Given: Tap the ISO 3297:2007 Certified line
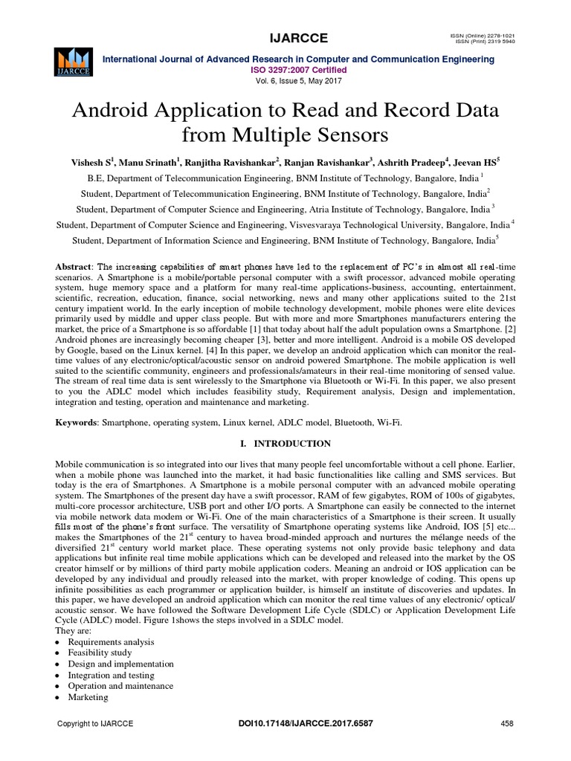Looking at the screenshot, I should click(285, 71).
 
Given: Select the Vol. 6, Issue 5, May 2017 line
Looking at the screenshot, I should click(285, 83).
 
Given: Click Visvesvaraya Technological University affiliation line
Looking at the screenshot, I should click(285, 224).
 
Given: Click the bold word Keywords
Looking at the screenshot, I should click(77, 422).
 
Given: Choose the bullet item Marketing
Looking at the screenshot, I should click(88, 697).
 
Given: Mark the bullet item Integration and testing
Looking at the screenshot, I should click(111, 675).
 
